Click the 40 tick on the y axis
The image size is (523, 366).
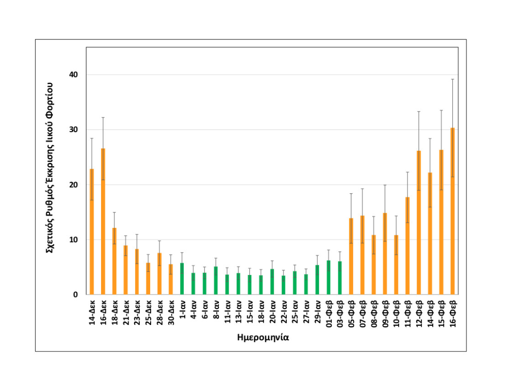(75, 75)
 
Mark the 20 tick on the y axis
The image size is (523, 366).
(75, 185)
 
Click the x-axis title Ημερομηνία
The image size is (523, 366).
(263, 338)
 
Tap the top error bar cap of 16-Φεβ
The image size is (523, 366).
(452, 79)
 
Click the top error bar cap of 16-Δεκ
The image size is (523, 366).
(103, 118)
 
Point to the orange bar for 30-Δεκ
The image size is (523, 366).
(171, 280)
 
